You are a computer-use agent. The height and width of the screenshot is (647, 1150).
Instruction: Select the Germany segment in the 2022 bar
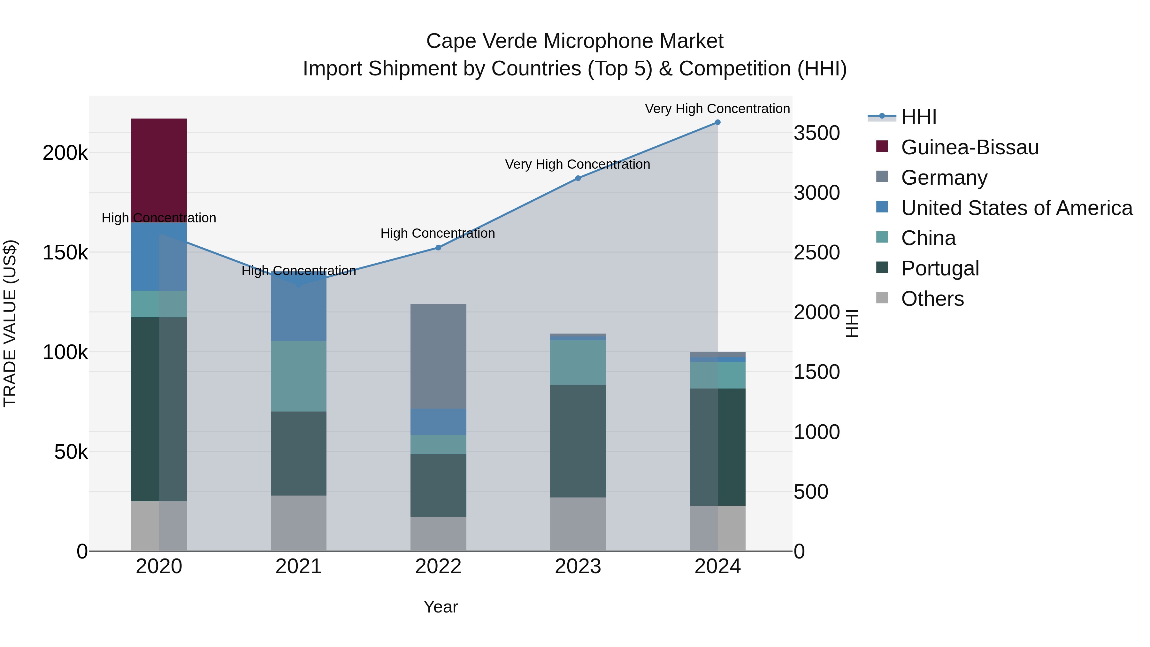[438, 356]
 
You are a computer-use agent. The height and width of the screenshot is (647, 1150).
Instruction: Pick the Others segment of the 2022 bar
[438, 534]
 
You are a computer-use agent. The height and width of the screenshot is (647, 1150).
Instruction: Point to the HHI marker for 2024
[717, 122]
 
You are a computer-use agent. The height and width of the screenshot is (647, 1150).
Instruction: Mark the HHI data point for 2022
[438, 247]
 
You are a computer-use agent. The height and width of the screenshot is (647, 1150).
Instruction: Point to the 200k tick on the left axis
[65, 153]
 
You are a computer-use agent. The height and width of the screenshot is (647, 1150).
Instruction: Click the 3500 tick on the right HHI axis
[816, 133]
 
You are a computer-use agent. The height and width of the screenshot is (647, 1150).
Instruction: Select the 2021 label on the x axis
[298, 566]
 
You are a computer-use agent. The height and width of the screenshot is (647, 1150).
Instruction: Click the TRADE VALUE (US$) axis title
[10, 323]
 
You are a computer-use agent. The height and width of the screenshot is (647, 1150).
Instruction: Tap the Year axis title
[441, 607]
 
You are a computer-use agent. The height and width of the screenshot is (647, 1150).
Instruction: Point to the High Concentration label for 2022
[438, 233]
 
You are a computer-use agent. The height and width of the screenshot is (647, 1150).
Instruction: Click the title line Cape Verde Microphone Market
[575, 41]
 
